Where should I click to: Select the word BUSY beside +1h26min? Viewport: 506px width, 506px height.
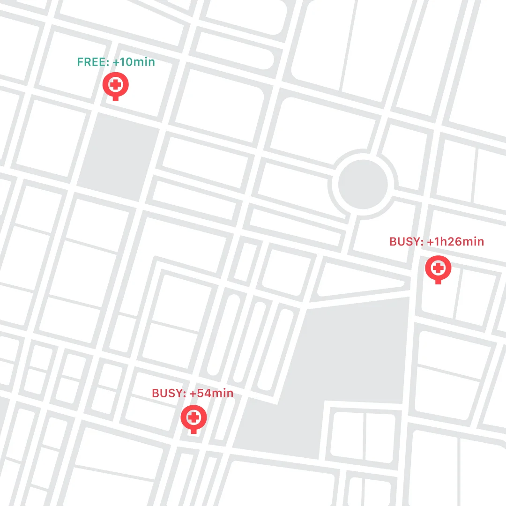tap(405, 242)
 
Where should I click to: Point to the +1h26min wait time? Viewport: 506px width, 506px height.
tap(455, 242)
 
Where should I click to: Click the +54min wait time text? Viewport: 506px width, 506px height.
tap(211, 393)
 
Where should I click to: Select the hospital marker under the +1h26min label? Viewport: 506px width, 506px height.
tap(438, 268)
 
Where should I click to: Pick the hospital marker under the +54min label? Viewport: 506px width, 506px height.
tap(193, 417)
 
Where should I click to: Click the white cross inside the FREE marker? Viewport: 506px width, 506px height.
tap(116, 85)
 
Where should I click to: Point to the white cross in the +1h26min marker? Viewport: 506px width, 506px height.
tap(438, 268)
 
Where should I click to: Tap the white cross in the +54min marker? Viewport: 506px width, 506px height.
tap(193, 417)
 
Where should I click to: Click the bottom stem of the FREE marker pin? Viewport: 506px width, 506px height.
tap(116, 98)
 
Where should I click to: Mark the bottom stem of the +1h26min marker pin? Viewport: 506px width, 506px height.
tap(438, 281)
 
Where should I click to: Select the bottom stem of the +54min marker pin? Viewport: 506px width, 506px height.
tap(193, 430)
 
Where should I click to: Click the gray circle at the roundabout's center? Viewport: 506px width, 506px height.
tap(363, 183)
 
